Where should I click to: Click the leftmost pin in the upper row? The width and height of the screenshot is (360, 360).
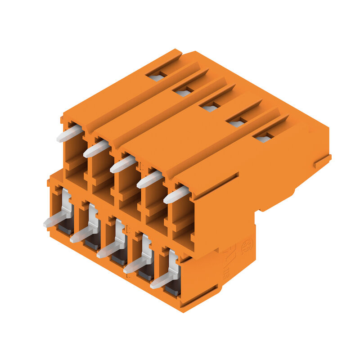point(69,134)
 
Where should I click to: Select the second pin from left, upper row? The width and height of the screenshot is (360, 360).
point(96,149)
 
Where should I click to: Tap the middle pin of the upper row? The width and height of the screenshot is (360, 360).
point(122,164)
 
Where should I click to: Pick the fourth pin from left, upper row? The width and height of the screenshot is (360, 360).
point(149,180)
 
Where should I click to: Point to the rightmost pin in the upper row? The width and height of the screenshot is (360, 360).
point(176,195)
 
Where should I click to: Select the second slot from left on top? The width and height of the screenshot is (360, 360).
point(183,92)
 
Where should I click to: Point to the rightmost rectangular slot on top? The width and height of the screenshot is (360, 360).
point(263,138)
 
